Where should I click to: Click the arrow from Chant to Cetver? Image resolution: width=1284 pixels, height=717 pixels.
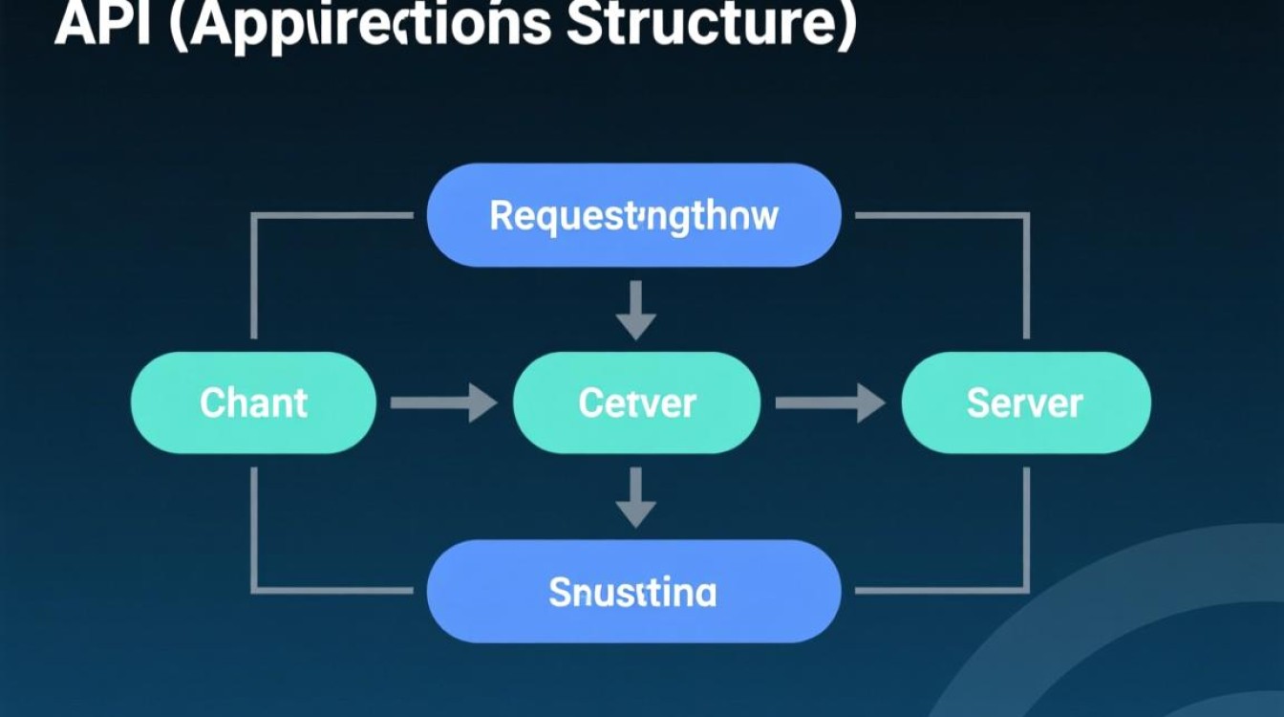click(x=444, y=402)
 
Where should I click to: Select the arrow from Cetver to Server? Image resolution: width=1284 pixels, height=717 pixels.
click(x=829, y=402)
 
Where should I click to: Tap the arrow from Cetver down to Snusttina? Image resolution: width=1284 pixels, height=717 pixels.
click(x=635, y=498)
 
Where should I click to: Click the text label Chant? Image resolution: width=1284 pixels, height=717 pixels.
click(x=253, y=403)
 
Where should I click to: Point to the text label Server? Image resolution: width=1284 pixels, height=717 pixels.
click(x=1025, y=403)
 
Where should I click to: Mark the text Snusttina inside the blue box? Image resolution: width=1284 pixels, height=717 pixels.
click(x=632, y=593)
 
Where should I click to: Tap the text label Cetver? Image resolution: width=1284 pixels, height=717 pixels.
click(x=636, y=403)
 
